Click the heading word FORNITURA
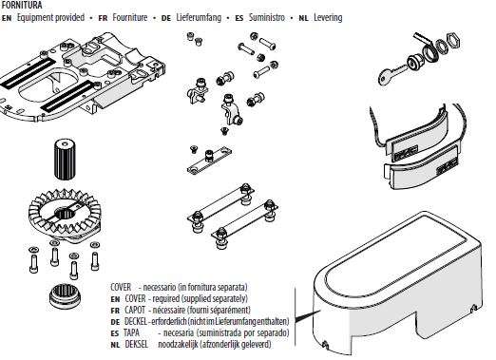(22, 5)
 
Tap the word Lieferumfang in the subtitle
(199, 17)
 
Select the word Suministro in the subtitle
(267, 17)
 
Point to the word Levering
(328, 17)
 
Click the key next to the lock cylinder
(391, 74)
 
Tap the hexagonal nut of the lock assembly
(453, 41)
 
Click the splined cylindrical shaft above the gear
(65, 159)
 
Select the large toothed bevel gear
(65, 215)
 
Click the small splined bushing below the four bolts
(65, 296)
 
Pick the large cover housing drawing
(397, 283)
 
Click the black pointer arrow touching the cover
(308, 316)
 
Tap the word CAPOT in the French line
(135, 310)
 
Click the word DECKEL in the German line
(136, 321)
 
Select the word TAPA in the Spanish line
(131, 332)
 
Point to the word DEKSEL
(136, 344)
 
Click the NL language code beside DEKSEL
(115, 345)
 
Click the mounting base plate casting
(83, 76)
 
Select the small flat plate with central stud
(209, 161)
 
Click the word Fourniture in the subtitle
(130, 17)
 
